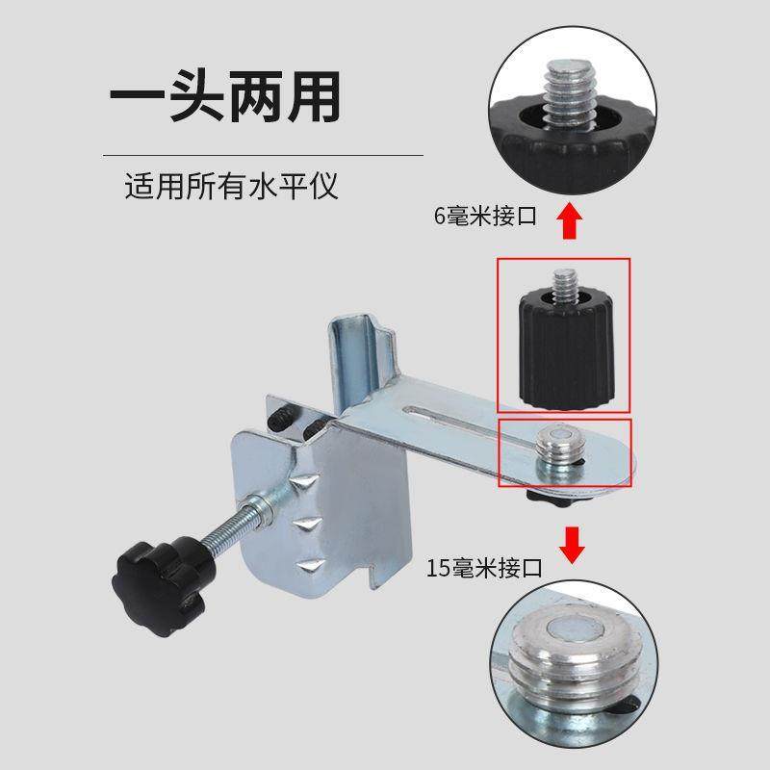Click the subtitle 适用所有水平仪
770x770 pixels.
coord(232,185)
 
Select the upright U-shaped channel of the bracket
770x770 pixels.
coord(358,361)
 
